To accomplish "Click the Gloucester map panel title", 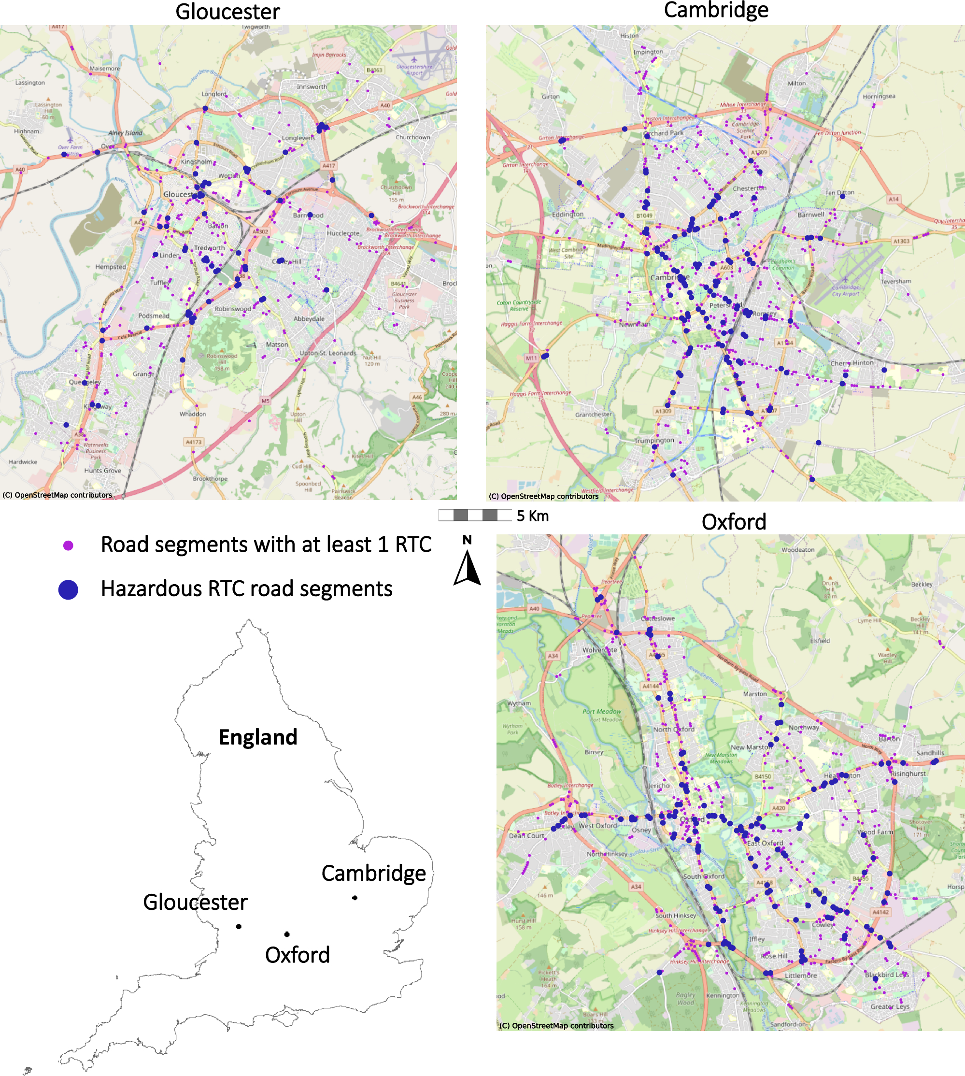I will click(x=227, y=12).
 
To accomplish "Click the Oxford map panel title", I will click(x=733, y=522).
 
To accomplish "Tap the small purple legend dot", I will click(x=68, y=545).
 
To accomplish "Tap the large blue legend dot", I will click(x=68, y=589).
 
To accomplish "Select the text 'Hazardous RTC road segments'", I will click(x=246, y=588).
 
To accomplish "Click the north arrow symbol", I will click(x=467, y=567).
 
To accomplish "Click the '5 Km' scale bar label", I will click(x=532, y=516).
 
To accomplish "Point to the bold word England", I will click(x=258, y=737).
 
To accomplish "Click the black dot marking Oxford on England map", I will click(x=287, y=934).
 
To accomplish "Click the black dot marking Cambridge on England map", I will click(x=355, y=898).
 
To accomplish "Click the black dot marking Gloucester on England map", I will click(x=239, y=926).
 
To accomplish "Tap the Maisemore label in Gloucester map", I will click(x=104, y=69).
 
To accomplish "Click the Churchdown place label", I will click(x=412, y=137).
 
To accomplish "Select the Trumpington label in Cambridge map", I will click(x=654, y=440).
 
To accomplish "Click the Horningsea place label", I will click(x=879, y=97).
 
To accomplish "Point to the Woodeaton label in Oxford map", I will click(x=797, y=550).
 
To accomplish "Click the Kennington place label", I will click(x=722, y=995).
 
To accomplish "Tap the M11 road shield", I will click(x=531, y=358).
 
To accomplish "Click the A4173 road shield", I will click(x=193, y=442).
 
